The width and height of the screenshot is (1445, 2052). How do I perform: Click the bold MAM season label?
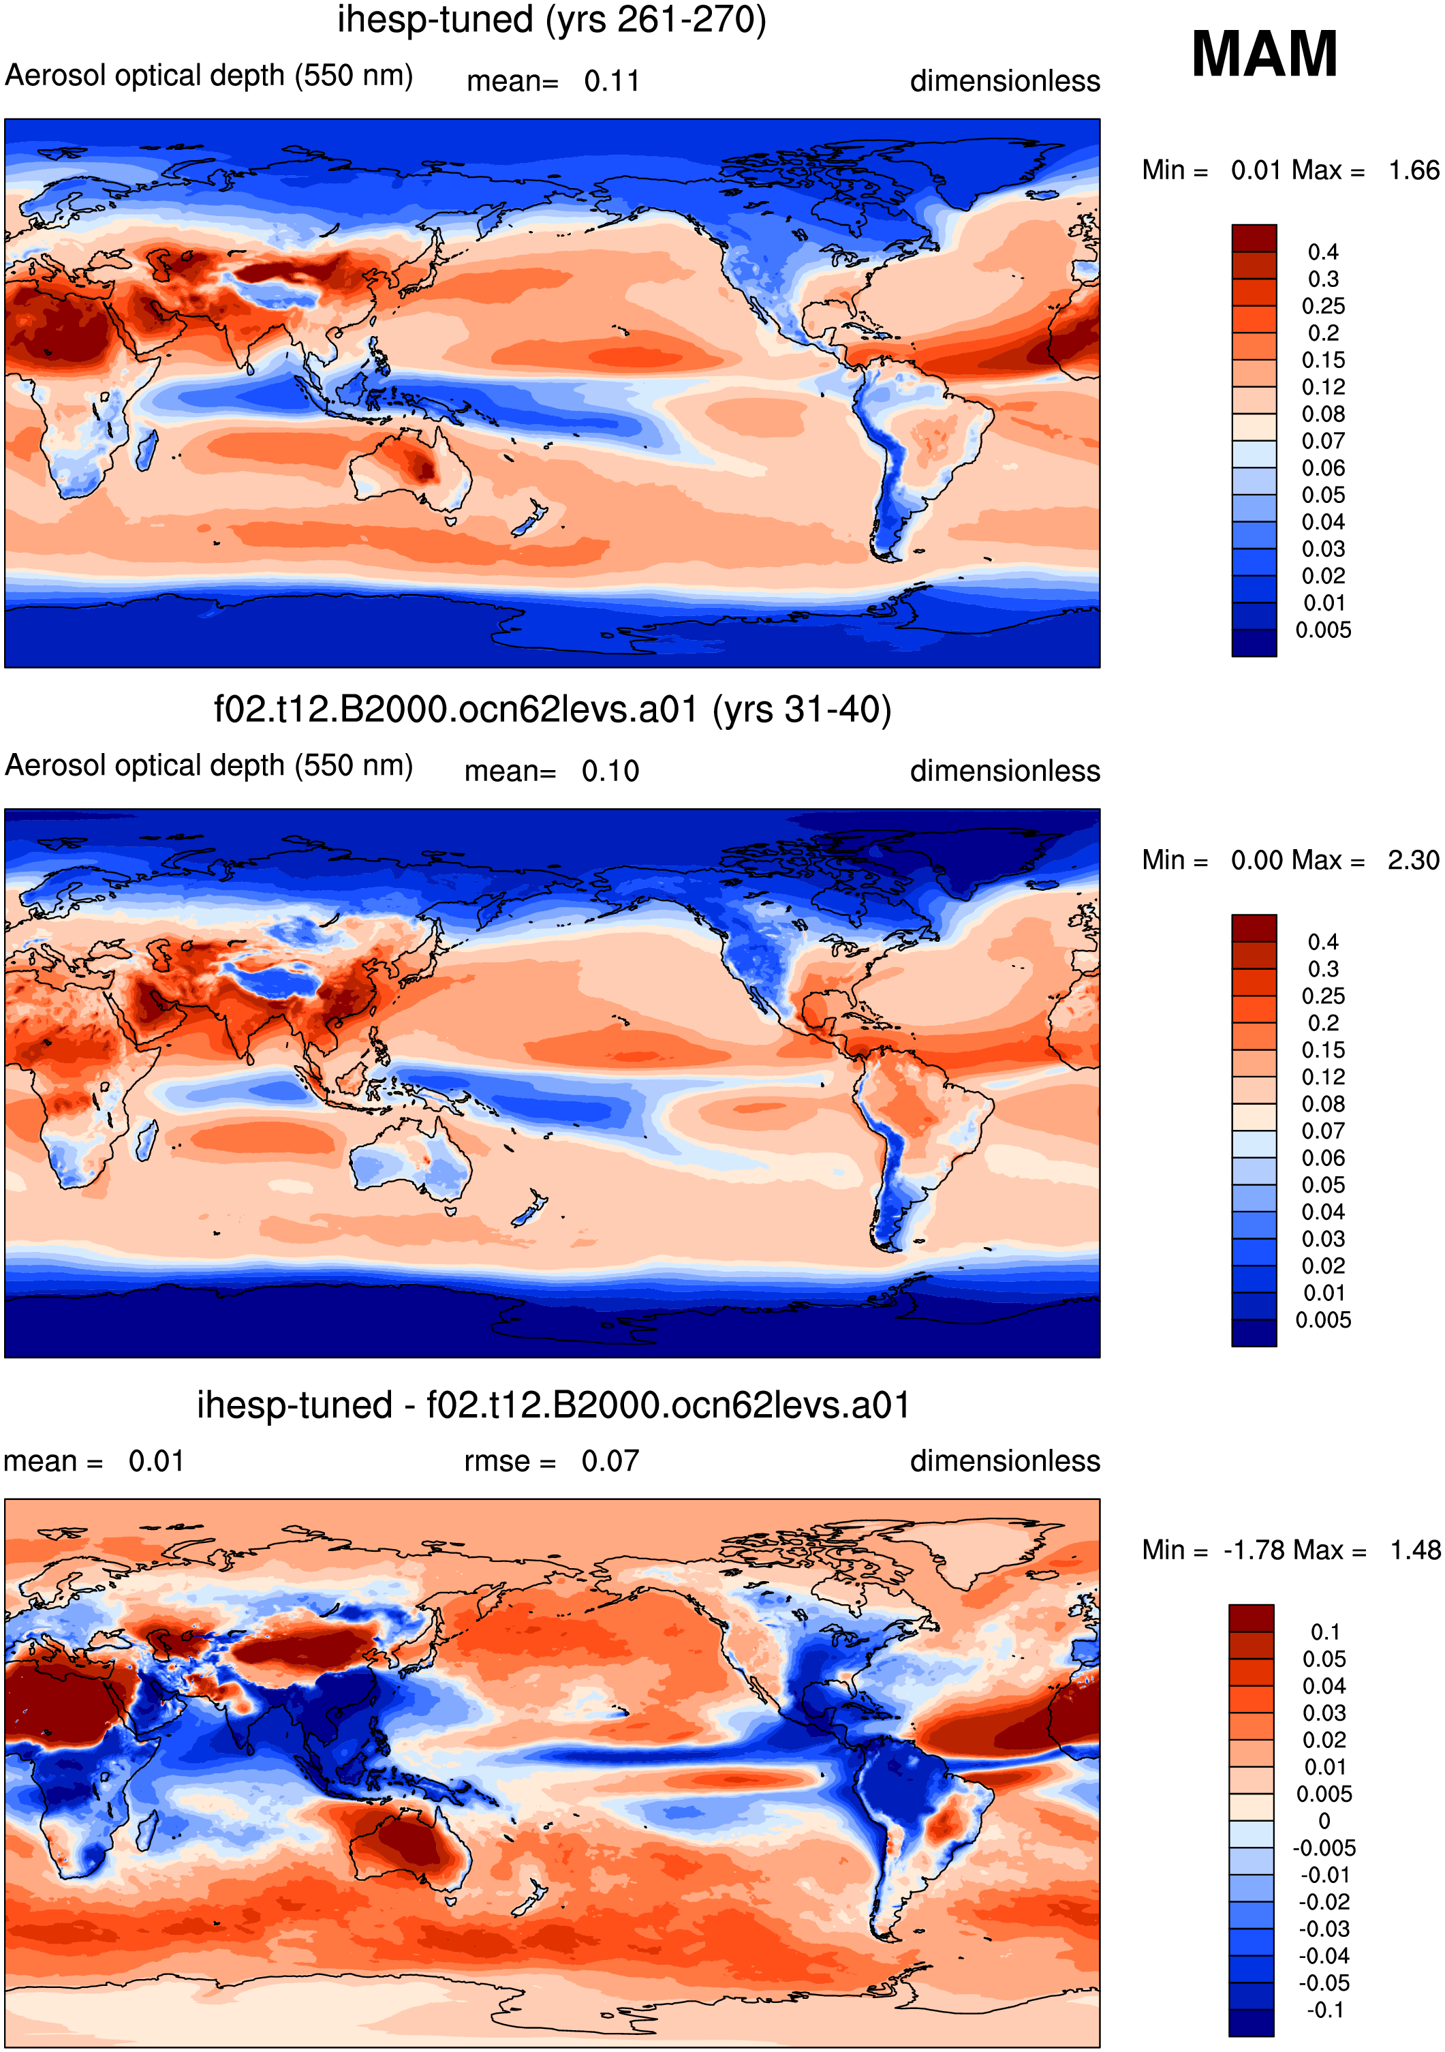tap(1264, 55)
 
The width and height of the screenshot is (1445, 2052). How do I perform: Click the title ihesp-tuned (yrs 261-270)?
tap(551, 20)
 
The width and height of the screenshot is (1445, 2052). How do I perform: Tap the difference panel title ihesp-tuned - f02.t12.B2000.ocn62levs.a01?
tap(553, 1405)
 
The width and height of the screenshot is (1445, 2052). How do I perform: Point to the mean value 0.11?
tap(612, 81)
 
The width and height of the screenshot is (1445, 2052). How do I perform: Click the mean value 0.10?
tap(610, 771)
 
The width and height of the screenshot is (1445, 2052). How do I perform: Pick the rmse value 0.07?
tap(610, 1461)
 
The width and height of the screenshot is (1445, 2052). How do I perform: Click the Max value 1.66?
tap(1414, 170)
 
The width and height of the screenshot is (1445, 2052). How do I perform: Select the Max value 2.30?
tap(1414, 860)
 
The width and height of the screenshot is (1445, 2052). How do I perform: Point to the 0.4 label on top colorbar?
tap(1322, 252)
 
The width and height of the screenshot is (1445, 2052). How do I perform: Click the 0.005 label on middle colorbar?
tap(1324, 1320)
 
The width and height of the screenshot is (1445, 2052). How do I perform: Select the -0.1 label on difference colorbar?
tap(1325, 2010)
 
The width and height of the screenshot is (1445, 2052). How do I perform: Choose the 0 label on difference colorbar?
tap(1324, 1820)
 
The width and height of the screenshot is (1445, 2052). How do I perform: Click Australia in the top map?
tap(411, 469)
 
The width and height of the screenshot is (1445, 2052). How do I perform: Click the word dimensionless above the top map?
tap(1004, 81)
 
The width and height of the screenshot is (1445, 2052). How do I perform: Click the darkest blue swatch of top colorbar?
tap(1254, 643)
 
